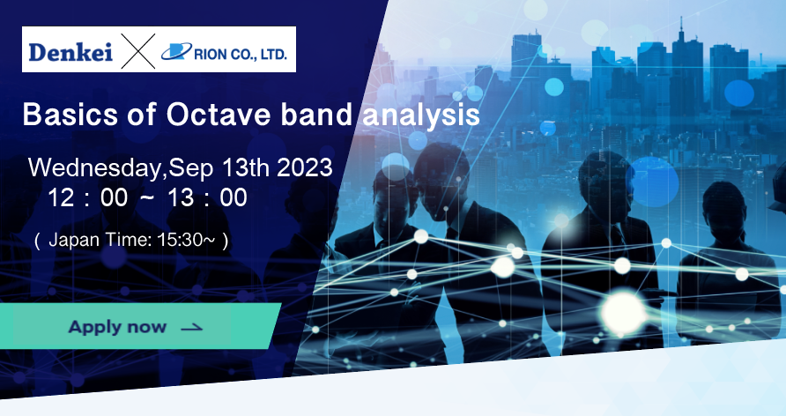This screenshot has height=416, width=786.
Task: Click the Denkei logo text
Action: click(x=70, y=52)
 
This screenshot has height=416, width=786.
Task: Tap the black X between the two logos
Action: click(x=137, y=50)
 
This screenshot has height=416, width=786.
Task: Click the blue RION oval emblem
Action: click(x=176, y=51)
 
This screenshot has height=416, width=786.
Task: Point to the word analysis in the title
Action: click(x=421, y=115)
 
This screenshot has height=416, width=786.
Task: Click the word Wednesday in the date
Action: click(x=96, y=168)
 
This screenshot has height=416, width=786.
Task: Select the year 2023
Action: click(x=305, y=167)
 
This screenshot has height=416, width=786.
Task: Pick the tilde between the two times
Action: click(x=147, y=197)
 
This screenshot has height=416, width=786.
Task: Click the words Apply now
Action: click(x=117, y=327)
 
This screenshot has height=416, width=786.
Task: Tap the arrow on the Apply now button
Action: click(x=192, y=328)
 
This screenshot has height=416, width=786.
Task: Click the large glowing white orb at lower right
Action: click(x=623, y=311)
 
